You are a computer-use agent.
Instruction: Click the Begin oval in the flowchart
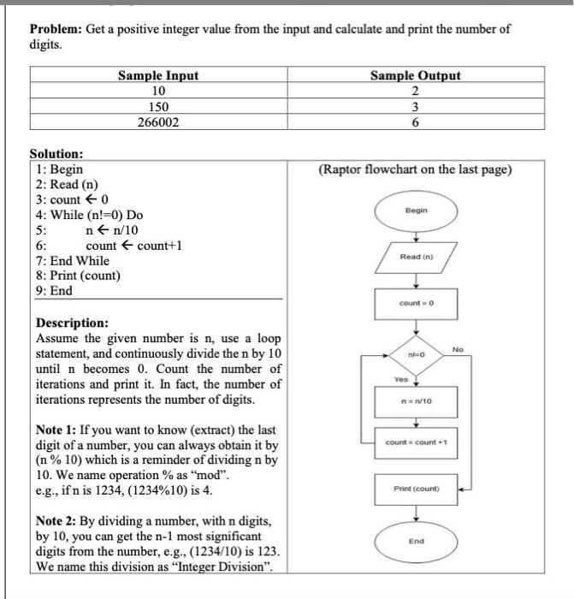coord(416,210)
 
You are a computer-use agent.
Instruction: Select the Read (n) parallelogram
coord(416,257)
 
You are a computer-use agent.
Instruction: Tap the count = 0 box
coord(416,304)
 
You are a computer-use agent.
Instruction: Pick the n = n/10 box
coord(416,400)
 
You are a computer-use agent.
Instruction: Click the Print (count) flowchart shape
coord(416,489)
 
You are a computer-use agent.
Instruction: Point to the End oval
coord(416,541)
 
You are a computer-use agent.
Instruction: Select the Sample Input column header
coord(157,75)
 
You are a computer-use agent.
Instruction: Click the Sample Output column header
coord(415,75)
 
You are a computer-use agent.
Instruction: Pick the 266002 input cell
coord(157,122)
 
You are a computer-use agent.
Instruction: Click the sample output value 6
coord(415,122)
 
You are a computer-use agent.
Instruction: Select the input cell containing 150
coord(157,107)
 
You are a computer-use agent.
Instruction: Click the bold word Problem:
coord(56,29)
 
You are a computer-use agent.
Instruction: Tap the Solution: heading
coord(56,154)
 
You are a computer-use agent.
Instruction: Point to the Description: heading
coord(72,323)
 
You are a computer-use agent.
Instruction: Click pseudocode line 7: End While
coord(73,260)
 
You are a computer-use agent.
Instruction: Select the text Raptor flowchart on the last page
coord(415,169)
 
